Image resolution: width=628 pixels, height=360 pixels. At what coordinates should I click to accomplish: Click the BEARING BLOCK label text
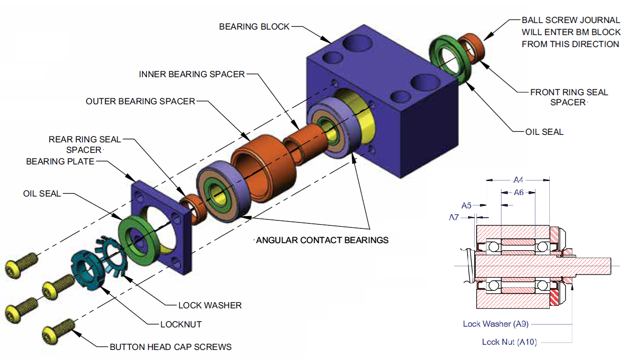pos(254,27)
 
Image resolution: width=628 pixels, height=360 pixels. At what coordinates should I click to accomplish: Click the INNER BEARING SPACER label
pos(192,74)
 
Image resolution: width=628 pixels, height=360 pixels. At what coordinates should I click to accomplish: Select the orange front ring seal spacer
pos(474,47)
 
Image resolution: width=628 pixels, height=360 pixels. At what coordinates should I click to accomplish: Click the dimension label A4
pos(519,179)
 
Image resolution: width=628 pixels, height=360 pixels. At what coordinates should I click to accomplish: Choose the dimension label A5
pos(467,205)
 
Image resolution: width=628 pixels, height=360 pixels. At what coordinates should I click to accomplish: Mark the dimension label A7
pos(454,217)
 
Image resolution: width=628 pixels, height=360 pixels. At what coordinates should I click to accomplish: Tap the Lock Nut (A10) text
pos(509,342)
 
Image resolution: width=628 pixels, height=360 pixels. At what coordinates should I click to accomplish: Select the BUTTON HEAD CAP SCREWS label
pos(171,346)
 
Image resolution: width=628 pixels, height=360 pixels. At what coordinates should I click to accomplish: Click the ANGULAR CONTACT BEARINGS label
pos(322,240)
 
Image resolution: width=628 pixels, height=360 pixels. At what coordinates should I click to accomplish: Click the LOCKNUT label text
pos(181,324)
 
